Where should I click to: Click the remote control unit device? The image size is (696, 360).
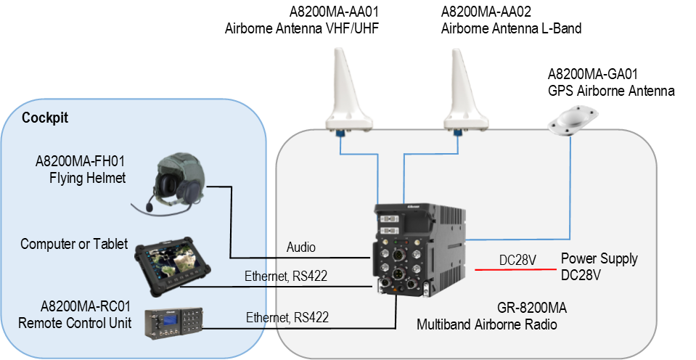pyautogui.click(x=173, y=324)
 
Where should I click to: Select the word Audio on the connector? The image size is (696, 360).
pyautogui.click(x=301, y=247)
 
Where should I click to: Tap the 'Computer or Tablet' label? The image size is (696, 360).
pyautogui.click(x=74, y=243)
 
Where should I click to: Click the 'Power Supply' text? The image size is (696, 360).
pyautogui.click(x=599, y=258)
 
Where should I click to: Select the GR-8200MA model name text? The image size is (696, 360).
pyautogui.click(x=532, y=308)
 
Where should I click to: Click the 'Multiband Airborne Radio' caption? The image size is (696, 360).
pyautogui.click(x=486, y=324)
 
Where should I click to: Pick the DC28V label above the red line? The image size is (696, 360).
pyautogui.click(x=517, y=259)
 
